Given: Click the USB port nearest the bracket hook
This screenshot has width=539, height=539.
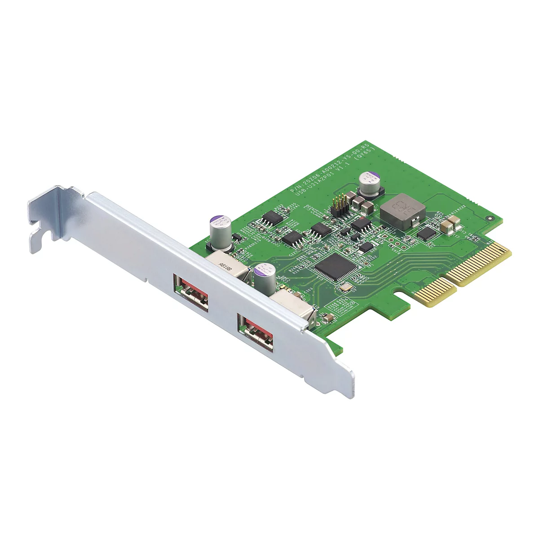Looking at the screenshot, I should click(x=191, y=292).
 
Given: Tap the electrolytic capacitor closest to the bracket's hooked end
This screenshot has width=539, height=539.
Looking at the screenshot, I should click(x=221, y=233).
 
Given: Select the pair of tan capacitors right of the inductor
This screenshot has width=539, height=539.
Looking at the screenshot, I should click(x=450, y=225).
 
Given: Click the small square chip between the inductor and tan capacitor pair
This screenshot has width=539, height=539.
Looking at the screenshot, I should click(x=426, y=233).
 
